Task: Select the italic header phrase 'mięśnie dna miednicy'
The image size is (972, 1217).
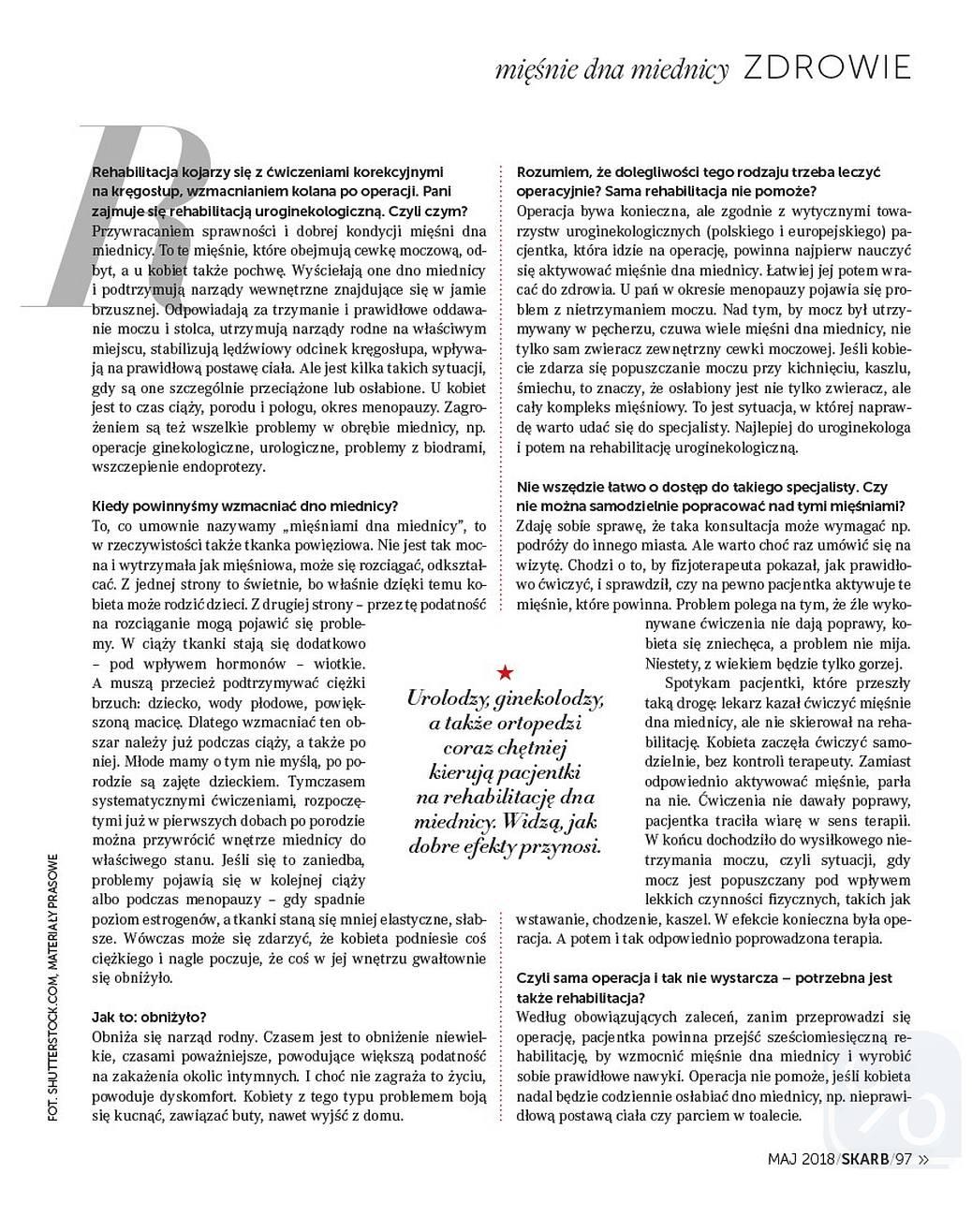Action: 612,69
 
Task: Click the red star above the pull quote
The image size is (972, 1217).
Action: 506,671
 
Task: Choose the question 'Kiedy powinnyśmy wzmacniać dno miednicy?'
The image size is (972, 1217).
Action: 244,506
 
